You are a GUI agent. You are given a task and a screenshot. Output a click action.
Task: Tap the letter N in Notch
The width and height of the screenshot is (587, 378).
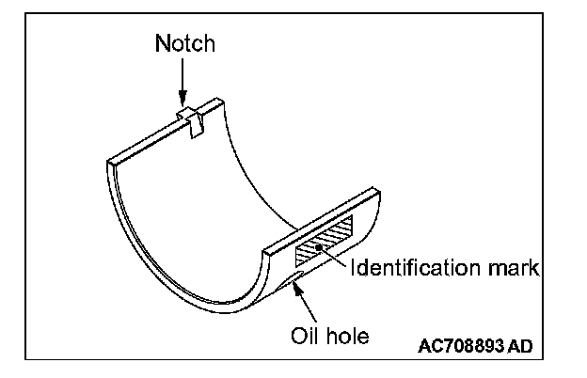[x=161, y=43]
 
